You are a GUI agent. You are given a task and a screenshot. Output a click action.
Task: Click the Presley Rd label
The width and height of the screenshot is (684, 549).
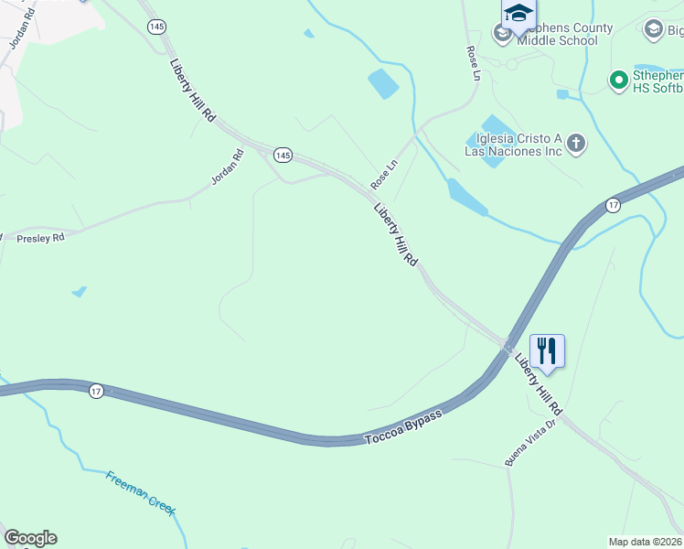pos(41,238)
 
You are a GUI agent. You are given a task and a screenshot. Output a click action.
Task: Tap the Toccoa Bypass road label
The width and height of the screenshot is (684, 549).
pos(403,427)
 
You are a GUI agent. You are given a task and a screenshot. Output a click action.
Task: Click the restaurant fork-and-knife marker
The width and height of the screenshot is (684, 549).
pos(547,351)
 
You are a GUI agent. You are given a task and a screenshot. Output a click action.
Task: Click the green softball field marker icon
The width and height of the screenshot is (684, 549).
pos(618,81)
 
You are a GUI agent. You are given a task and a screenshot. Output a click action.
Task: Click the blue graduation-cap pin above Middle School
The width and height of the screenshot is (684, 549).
pos(518,14)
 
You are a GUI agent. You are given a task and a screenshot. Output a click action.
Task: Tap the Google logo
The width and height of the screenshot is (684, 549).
pos(30,538)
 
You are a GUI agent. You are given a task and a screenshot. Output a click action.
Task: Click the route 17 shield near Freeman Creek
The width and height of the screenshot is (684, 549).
pos(96,391)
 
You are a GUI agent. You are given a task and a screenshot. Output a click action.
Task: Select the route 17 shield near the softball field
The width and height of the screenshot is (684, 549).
pos(613,205)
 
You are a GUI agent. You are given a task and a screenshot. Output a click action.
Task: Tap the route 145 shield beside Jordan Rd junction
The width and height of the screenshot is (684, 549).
pos(283,156)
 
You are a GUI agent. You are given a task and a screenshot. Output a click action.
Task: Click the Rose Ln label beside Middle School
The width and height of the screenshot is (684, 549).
pos(473,63)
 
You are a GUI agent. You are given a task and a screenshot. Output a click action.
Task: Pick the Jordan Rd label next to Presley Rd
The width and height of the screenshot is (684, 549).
pos(228,167)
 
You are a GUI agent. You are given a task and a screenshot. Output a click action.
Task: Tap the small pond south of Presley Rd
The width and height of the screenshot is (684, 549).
pos(79,292)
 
